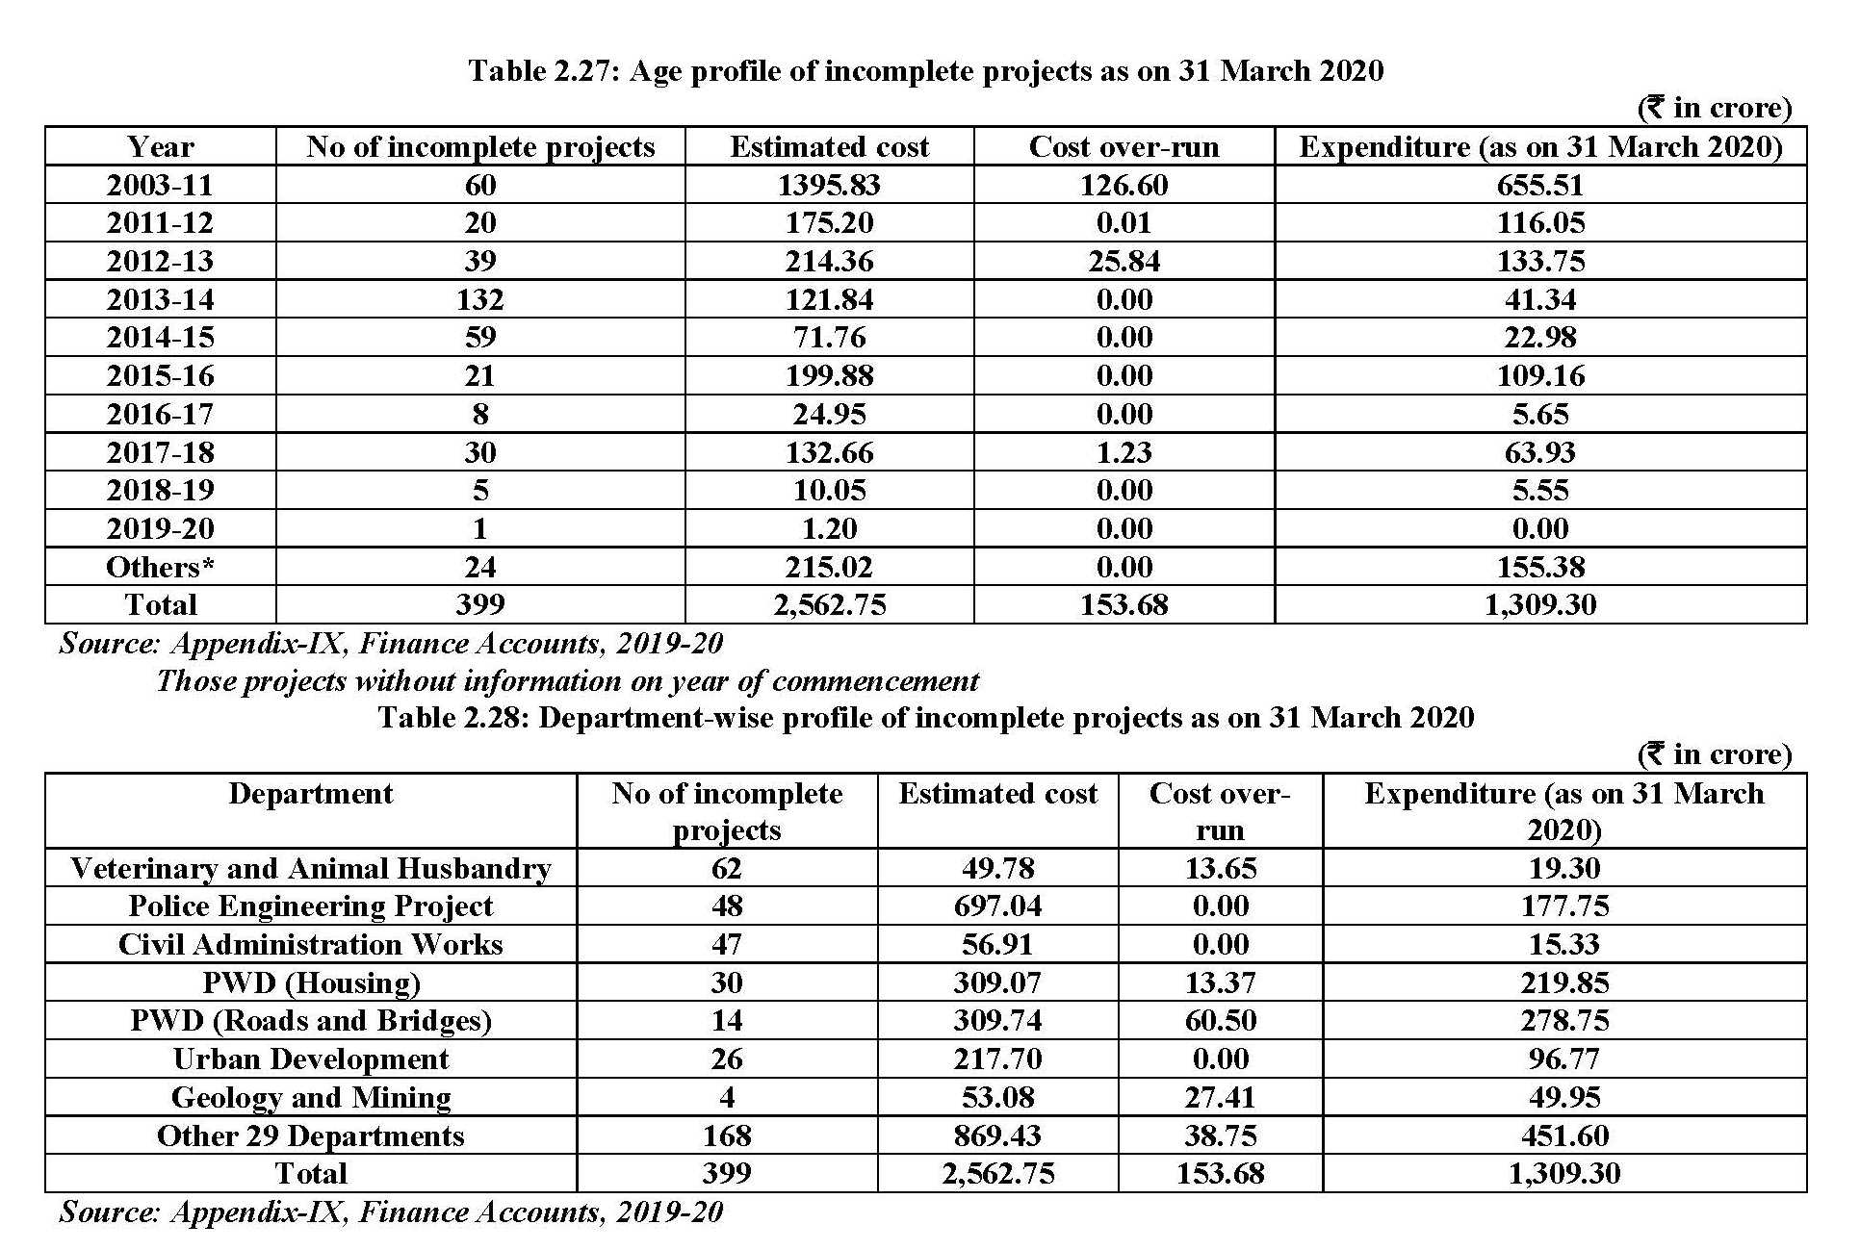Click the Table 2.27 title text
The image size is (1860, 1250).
click(x=925, y=70)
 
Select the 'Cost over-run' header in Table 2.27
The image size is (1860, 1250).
click(x=1124, y=146)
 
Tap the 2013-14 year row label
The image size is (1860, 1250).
click(x=160, y=299)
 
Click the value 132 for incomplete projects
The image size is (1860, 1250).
click(x=479, y=299)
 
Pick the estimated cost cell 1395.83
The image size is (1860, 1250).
click(x=829, y=185)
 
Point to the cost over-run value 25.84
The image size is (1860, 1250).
click(x=1124, y=261)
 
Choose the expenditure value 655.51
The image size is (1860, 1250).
click(x=1539, y=185)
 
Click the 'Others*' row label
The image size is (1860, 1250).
click(x=160, y=567)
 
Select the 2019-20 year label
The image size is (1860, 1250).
click(x=160, y=528)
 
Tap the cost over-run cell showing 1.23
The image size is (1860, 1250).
click(x=1124, y=452)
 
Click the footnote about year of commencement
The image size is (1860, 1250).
click(x=567, y=681)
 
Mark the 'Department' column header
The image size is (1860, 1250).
click(x=310, y=794)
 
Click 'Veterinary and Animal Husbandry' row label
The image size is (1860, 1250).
click(x=310, y=868)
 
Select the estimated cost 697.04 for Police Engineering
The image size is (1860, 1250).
click(x=997, y=906)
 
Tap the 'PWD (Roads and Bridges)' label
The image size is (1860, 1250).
click(x=310, y=1021)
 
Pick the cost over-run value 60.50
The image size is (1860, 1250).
click(x=1220, y=1021)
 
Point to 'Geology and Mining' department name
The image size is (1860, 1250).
click(x=310, y=1097)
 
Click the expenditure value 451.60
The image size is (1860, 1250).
click(x=1564, y=1135)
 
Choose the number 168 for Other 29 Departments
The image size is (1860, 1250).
click(x=726, y=1135)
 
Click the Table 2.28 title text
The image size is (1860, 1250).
click(x=925, y=717)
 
